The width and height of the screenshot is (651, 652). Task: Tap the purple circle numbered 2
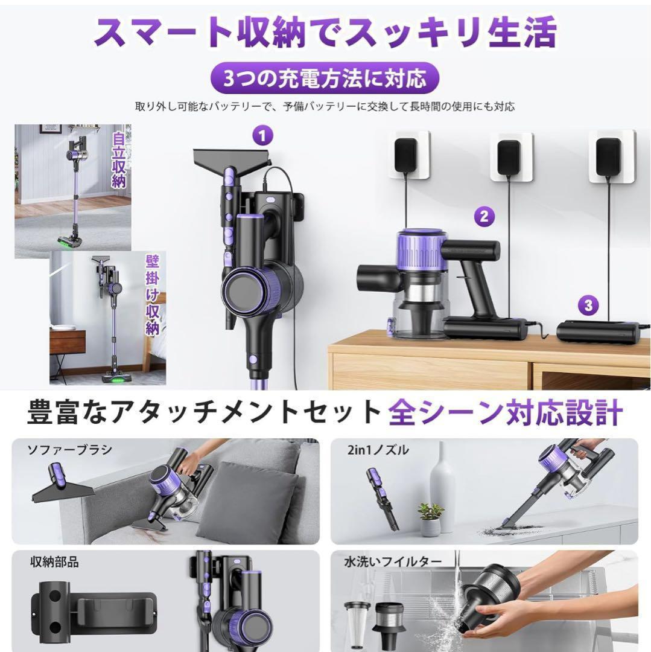pyautogui.click(x=484, y=216)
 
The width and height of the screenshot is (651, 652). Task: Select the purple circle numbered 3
pyautogui.click(x=588, y=305)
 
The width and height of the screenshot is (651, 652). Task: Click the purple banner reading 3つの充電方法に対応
pyautogui.click(x=325, y=78)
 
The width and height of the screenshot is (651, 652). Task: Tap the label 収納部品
pyautogui.click(x=54, y=562)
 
